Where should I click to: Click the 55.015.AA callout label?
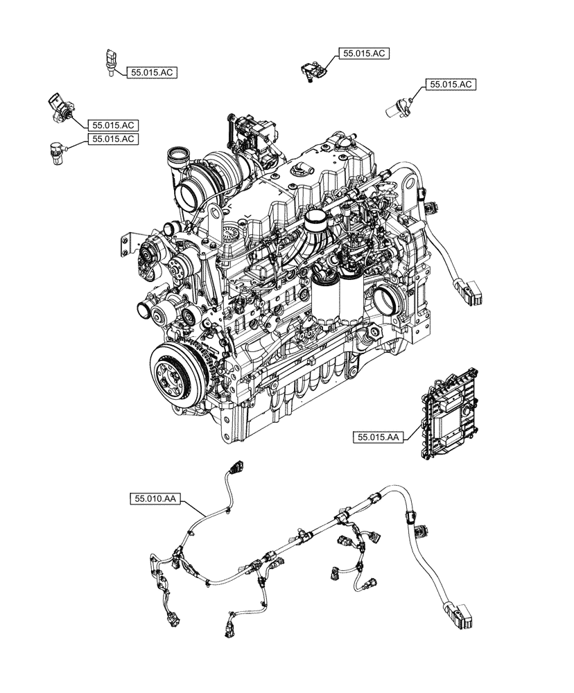(x=379, y=437)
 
